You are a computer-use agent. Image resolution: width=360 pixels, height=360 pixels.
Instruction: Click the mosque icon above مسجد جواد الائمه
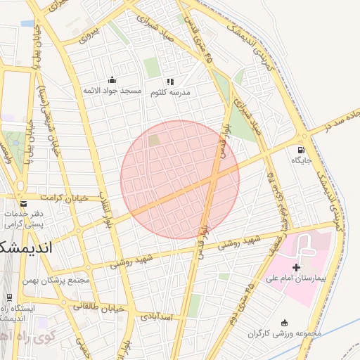112,79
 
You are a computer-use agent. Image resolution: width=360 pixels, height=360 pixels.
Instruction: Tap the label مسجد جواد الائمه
112,91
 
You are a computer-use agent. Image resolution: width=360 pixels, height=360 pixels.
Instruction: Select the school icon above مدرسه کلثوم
170,81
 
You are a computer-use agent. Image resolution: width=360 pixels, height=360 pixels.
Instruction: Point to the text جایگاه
302,160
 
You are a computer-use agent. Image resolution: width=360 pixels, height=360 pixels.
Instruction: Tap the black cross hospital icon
296,267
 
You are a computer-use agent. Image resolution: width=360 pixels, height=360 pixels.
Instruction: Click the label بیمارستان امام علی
297,279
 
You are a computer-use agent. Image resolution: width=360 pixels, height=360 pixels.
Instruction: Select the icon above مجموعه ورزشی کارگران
285,322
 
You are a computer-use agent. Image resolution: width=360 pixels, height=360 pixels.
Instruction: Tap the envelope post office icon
22,204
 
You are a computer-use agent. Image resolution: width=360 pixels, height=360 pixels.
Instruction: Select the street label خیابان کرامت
64,198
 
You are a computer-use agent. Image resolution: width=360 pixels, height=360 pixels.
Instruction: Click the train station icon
10,298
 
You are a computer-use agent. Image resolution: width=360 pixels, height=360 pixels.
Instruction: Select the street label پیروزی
91,33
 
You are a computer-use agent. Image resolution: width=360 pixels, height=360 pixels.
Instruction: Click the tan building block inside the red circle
154,141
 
